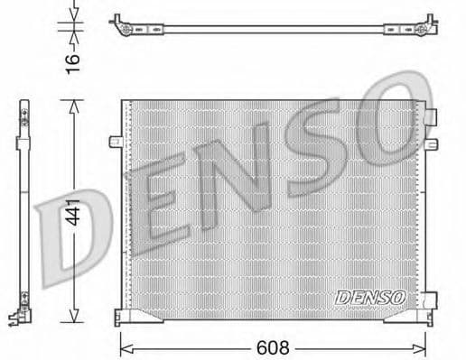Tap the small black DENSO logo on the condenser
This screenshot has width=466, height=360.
370,296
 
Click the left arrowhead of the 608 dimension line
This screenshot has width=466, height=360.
126,345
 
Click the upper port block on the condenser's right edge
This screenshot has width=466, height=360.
432,116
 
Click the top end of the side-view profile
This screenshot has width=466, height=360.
19,106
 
